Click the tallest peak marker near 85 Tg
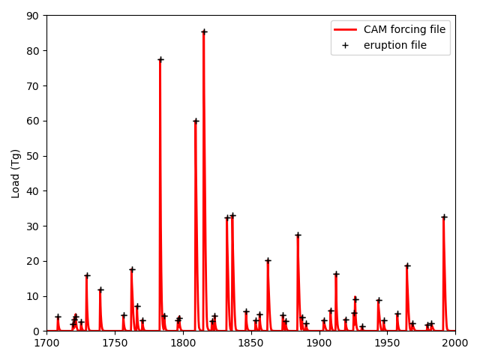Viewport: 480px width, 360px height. coord(204,31)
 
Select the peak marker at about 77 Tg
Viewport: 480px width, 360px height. coord(160,59)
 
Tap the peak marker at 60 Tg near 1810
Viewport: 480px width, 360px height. coord(196,121)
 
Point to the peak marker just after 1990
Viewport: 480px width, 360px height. coord(444,217)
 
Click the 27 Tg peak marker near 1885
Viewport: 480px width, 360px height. coord(298,235)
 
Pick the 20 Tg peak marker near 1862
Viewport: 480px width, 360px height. coord(268,260)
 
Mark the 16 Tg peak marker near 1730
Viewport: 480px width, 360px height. coord(87,275)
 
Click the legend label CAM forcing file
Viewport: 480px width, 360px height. coord(404,30)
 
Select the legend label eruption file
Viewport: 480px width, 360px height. coord(395,45)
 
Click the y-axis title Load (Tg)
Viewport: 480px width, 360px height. coord(16,173)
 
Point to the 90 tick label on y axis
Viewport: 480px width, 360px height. coord(33,16)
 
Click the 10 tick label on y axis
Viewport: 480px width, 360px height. coord(33,296)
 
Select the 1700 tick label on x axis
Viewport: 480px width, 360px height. coord(46,343)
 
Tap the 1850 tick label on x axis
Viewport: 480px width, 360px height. coord(251,343)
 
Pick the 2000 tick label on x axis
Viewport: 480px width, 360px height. coord(455,343)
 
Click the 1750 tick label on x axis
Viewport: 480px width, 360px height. coord(115,343)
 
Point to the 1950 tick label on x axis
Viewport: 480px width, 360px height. coord(387,343)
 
